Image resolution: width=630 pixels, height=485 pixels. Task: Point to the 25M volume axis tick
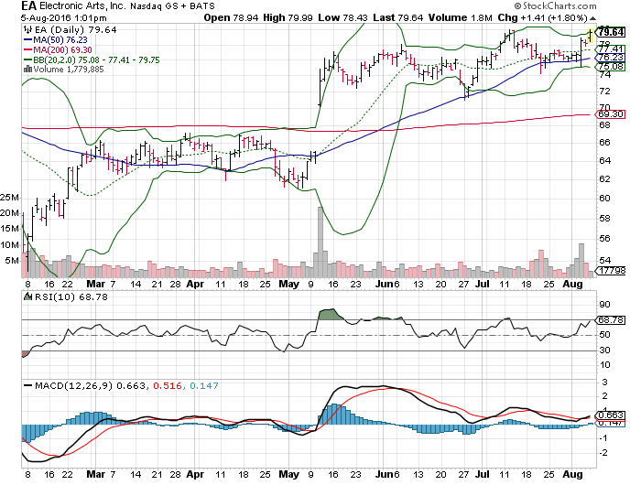point(11,197)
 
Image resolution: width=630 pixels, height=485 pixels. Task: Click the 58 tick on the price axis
point(604,219)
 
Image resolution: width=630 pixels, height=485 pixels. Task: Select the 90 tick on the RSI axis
point(604,305)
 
